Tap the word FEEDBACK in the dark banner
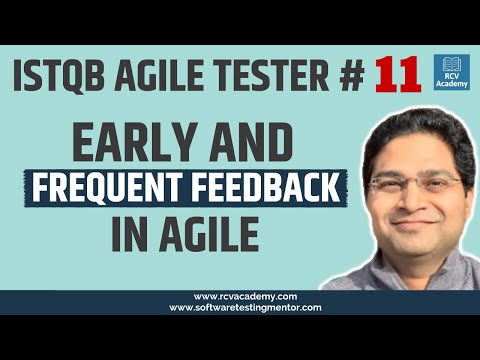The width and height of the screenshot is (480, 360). (x=270, y=188)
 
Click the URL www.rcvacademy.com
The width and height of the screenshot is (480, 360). (x=239, y=296)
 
